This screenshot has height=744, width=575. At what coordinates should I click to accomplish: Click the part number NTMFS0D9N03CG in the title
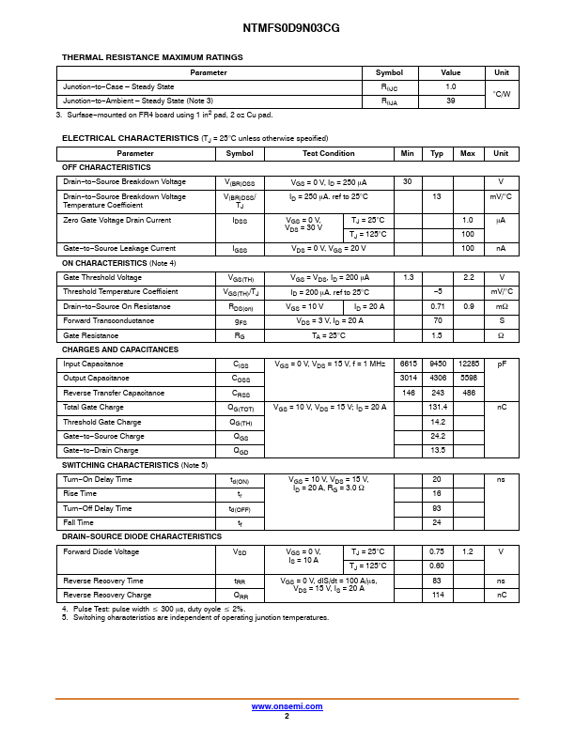click(287, 28)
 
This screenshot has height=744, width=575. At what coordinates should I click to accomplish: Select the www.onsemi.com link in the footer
click(287, 706)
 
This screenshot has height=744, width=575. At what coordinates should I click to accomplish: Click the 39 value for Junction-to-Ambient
click(451, 101)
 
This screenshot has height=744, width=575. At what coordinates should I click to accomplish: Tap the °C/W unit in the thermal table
click(502, 94)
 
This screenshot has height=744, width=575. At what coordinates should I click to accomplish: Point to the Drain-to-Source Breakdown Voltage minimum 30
click(407, 181)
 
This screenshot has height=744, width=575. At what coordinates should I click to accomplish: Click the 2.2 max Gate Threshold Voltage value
click(468, 277)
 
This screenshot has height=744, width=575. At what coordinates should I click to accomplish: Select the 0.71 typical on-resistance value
click(437, 306)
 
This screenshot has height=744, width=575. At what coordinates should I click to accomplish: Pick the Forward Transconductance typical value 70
click(437, 320)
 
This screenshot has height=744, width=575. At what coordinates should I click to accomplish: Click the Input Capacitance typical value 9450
click(437, 364)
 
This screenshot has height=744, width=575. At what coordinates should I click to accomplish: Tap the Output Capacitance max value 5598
click(468, 378)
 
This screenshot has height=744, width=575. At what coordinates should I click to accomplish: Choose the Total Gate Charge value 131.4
click(437, 407)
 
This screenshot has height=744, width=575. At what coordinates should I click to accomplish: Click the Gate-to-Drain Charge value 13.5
click(437, 451)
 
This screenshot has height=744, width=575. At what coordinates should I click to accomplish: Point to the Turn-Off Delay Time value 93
click(437, 508)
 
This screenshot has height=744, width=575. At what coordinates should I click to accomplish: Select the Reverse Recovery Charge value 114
click(437, 595)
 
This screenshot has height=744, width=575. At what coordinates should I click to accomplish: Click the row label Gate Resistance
click(90, 335)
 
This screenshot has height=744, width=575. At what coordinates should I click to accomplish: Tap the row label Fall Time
click(78, 522)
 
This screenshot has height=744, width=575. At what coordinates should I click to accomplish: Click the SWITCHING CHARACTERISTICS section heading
click(134, 465)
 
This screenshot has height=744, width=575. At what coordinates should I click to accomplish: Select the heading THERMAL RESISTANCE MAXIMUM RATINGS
click(152, 57)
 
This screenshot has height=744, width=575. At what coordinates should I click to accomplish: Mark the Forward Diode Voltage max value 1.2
click(468, 551)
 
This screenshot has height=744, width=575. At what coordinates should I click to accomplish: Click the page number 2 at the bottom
click(287, 716)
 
